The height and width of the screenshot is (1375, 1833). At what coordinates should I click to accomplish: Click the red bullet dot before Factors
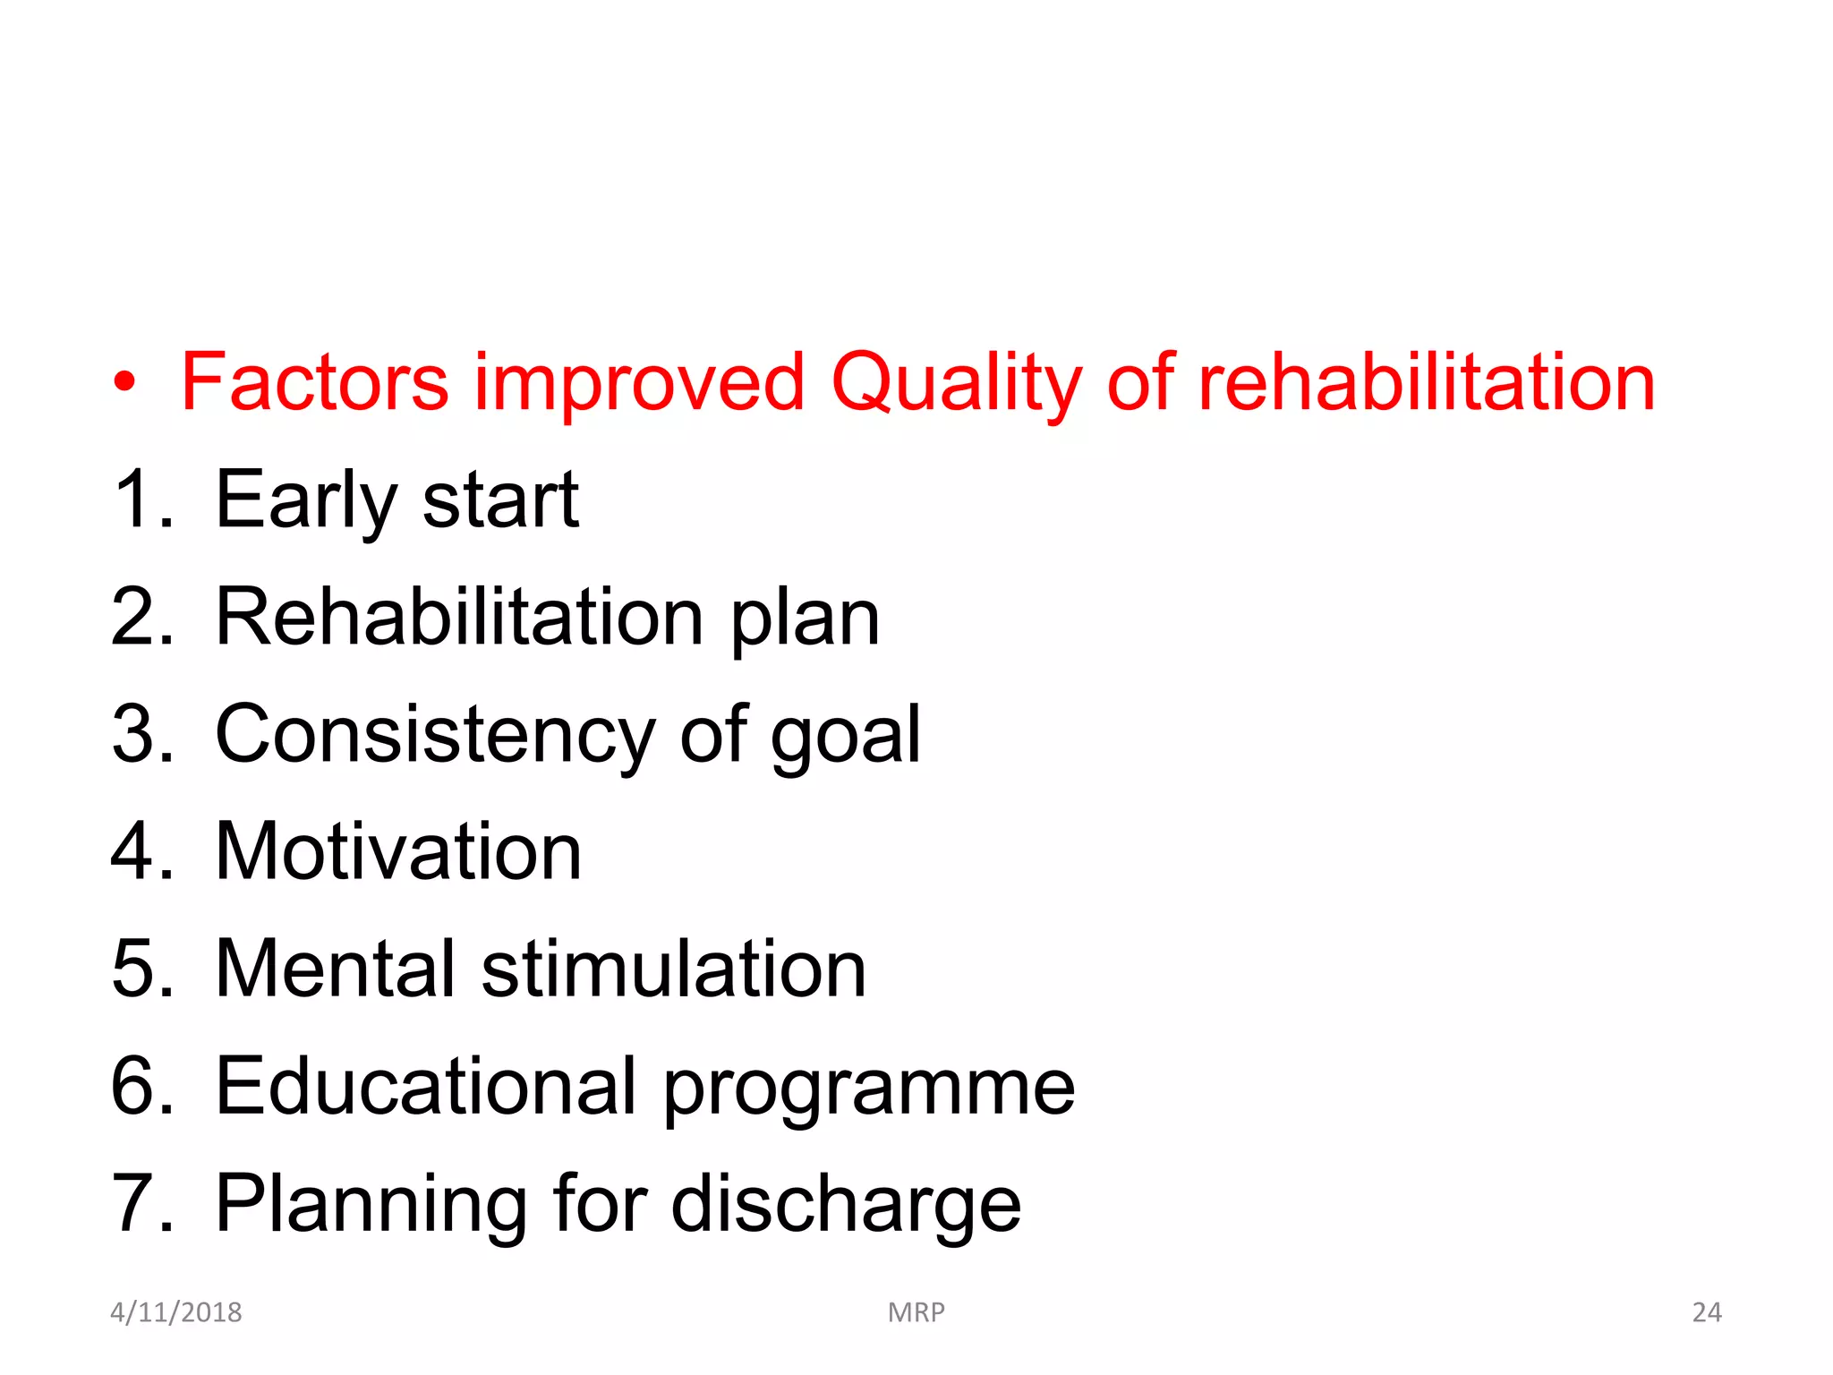[x=124, y=383]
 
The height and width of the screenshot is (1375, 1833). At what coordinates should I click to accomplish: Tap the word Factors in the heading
[x=314, y=383]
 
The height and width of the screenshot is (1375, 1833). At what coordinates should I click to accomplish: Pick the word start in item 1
[x=500, y=501]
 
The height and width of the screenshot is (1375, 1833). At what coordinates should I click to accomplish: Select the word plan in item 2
[x=806, y=619]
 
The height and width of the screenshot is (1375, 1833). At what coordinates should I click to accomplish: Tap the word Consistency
[x=435, y=736]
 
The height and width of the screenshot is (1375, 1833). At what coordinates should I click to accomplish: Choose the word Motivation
[x=398, y=852]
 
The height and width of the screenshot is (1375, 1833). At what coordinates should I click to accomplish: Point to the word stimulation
[x=674, y=969]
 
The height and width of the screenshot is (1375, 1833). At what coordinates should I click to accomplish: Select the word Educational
[x=426, y=1087]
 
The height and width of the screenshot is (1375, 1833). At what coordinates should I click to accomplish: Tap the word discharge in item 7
[x=846, y=1206]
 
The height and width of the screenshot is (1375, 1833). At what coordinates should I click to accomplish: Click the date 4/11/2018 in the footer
[x=175, y=1312]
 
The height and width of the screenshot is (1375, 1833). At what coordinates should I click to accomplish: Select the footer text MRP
[x=916, y=1312]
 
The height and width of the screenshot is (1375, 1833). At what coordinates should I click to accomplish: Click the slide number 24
[x=1706, y=1312]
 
